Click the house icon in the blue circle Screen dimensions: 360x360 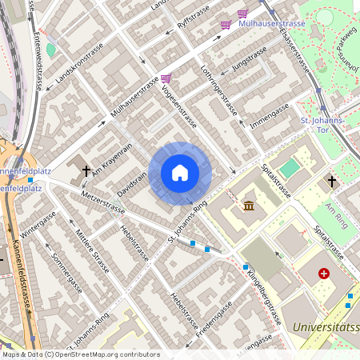[x=180, y=173]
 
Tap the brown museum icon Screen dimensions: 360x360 [x=249, y=206]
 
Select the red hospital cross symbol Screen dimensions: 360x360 [x=324, y=274]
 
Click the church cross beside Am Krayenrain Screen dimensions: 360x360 [x=86, y=170]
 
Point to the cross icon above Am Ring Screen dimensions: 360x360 [x=332, y=182]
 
